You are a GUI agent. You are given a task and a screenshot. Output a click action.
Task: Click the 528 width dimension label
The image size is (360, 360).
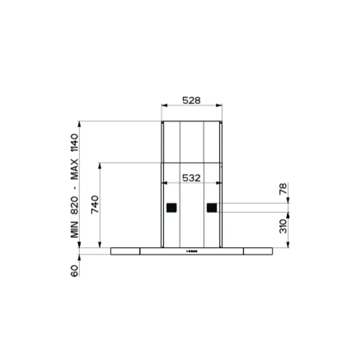tap(191, 100)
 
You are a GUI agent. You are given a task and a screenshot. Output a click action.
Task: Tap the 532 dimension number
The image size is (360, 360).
tap(191, 178)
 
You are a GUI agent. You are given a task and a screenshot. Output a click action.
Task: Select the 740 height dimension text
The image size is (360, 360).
tap(95, 205)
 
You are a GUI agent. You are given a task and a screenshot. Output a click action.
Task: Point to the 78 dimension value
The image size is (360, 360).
tap(283, 189)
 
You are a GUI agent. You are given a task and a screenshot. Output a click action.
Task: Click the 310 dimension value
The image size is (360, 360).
tap(283, 226)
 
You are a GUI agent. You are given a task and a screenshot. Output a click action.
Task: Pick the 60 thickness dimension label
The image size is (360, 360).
tap(75, 271)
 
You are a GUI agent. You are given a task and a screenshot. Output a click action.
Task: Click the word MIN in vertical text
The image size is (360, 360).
tap(75, 229)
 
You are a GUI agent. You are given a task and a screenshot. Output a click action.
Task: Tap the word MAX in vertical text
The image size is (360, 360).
tap(75, 169)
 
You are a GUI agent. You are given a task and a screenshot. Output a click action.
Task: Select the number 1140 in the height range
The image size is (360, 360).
tap(75, 143)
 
